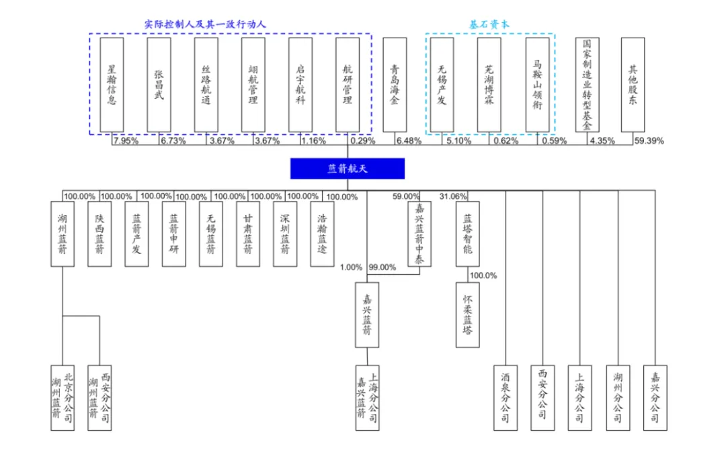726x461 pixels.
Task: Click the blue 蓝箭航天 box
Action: coord(347,169)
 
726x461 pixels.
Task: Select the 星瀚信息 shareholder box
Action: coord(112,84)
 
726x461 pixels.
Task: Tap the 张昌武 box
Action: coord(159,84)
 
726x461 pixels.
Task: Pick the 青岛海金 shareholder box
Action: coord(395,84)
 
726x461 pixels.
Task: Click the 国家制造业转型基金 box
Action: coord(588,84)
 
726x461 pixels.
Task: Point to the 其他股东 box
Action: coord(633,84)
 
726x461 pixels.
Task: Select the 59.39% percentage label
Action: coord(649,141)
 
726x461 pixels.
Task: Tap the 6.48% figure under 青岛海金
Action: coord(409,141)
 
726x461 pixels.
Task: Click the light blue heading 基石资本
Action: coord(489,24)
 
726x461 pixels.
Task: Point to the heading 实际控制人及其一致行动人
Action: coord(205,24)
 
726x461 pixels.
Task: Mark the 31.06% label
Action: coord(453,196)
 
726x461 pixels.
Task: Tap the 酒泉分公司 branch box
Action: coord(506,398)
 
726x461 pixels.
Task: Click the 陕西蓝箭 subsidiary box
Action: coord(99,235)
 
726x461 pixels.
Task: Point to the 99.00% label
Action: coord(381,267)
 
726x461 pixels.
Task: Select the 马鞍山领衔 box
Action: coord(538,84)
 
